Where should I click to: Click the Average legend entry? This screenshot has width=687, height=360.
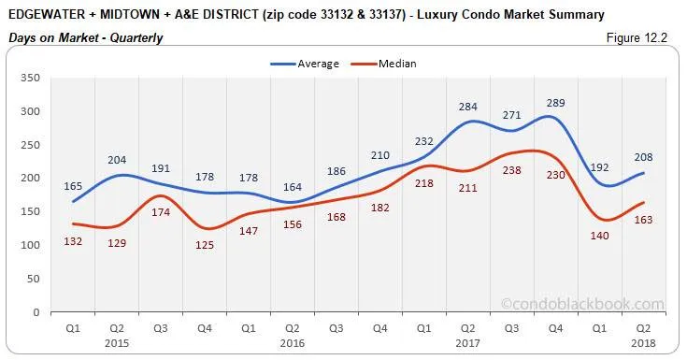[312, 64]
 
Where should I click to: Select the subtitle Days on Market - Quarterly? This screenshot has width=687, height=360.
[85, 37]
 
